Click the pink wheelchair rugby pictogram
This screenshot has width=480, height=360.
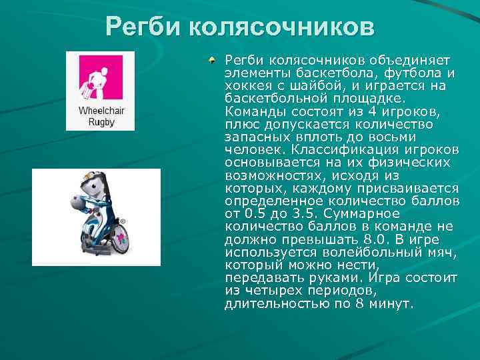click(101, 77)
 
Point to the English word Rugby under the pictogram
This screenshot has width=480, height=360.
click(101, 122)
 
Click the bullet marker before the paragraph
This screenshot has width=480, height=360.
click(211, 61)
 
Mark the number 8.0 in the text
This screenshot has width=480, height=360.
click(375, 239)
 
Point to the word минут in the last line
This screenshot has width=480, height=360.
click(393, 303)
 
